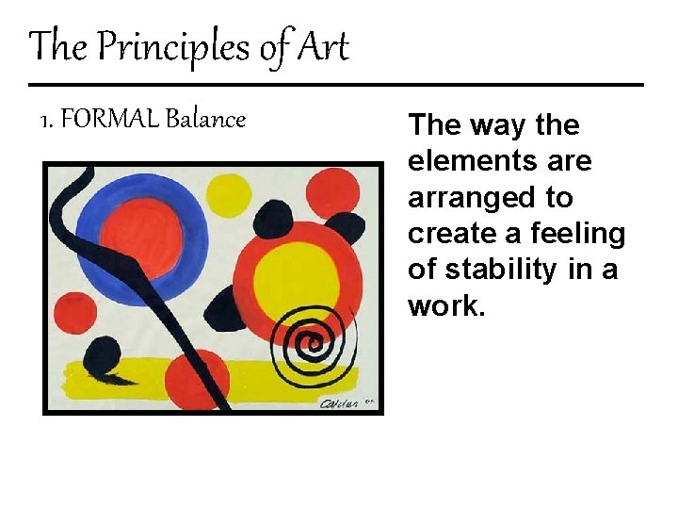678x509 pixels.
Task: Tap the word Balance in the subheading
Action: (205, 120)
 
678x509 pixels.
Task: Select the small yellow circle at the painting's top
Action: (228, 193)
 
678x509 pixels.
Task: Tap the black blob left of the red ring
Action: (226, 308)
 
